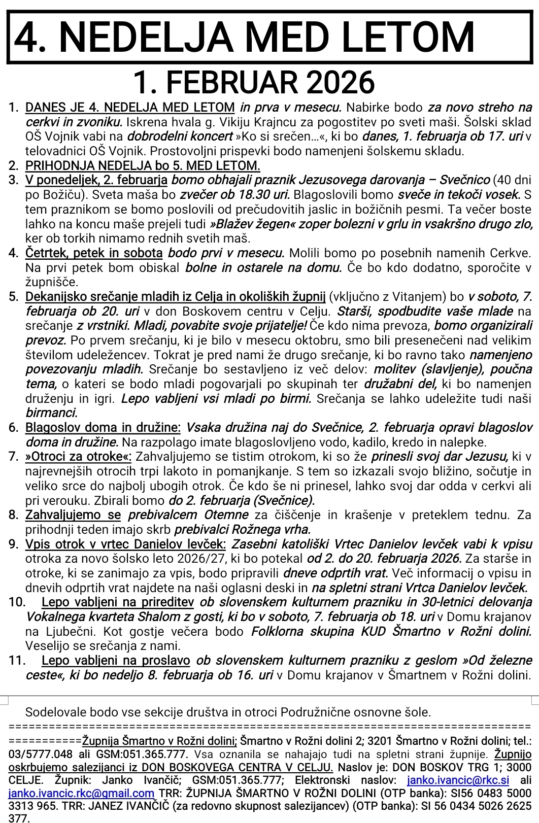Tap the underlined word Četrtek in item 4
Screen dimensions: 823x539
pos(46,253)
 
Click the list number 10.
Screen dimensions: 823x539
pos(17,603)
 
